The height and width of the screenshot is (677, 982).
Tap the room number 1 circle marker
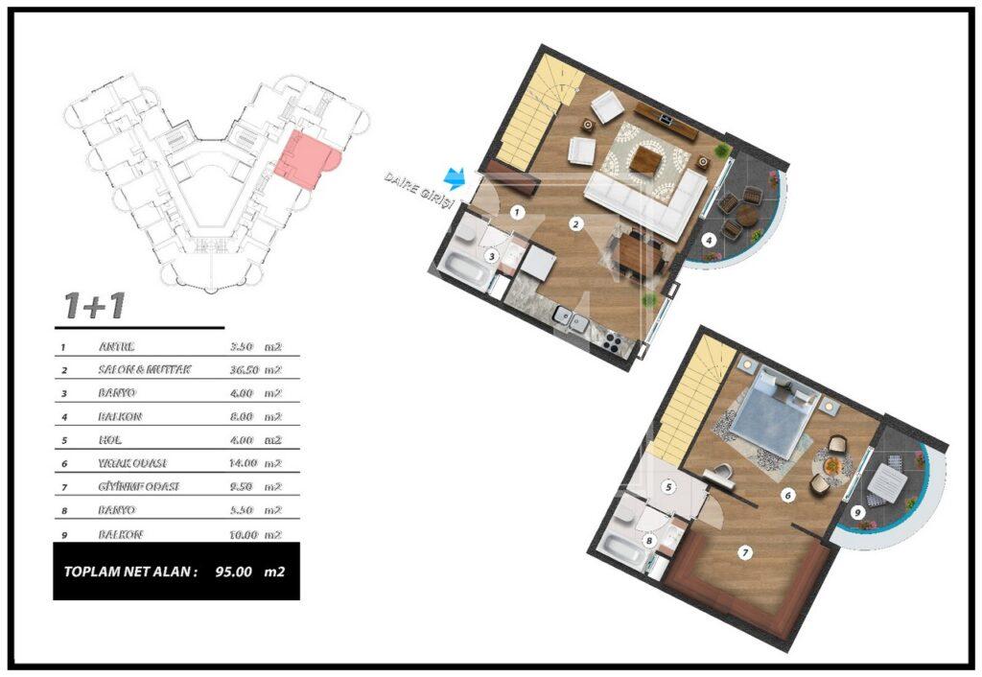[x=516, y=211]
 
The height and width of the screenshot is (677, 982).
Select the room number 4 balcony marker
[x=709, y=240]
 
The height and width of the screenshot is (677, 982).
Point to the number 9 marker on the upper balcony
[x=857, y=513]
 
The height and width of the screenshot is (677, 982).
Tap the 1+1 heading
[x=93, y=306]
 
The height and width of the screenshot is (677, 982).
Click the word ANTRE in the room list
[x=116, y=346]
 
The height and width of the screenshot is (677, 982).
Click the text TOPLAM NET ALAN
[x=130, y=572]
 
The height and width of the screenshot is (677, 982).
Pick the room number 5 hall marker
[x=670, y=486]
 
